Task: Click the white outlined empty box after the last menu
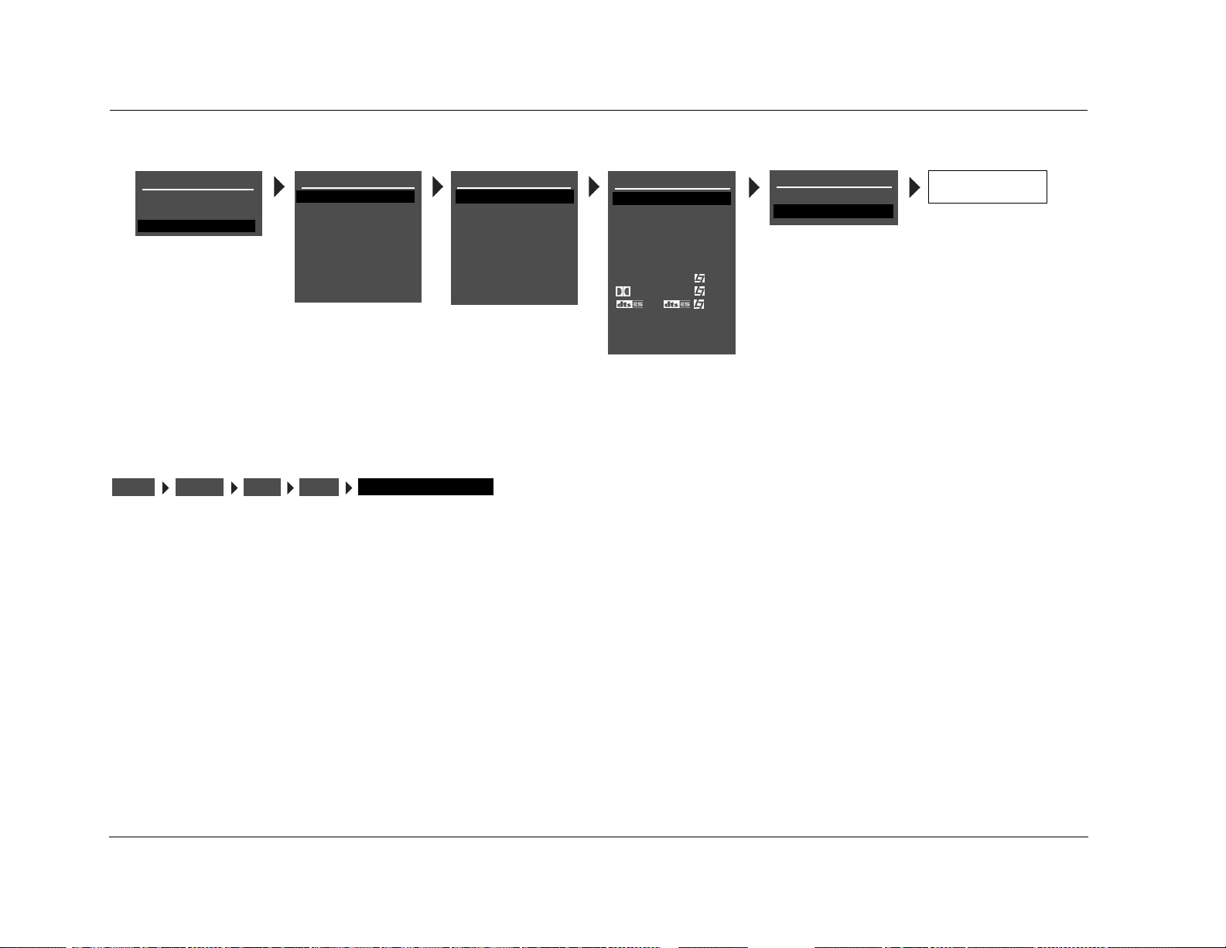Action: tap(987, 187)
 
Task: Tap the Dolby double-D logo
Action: tap(623, 291)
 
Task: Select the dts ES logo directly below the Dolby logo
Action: tap(630, 304)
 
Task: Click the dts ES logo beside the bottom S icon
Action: tap(677, 304)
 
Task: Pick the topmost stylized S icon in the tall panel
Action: tap(699, 278)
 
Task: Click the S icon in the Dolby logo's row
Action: tap(699, 291)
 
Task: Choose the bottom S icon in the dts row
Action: tap(699, 304)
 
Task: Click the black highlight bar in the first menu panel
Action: tap(196, 225)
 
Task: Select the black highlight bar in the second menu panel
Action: tap(356, 197)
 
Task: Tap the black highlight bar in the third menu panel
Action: tap(514, 197)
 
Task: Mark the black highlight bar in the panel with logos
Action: tap(671, 199)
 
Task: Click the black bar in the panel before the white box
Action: tap(833, 211)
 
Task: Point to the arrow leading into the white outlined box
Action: tap(915, 187)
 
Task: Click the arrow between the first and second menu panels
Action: tap(279, 187)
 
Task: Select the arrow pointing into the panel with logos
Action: tap(594, 187)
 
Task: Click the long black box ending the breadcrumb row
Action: tap(425, 487)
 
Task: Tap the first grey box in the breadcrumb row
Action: tap(133, 487)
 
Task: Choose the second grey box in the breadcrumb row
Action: tap(200, 487)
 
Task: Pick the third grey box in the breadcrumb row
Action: tap(262, 487)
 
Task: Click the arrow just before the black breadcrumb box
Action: tap(349, 487)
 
